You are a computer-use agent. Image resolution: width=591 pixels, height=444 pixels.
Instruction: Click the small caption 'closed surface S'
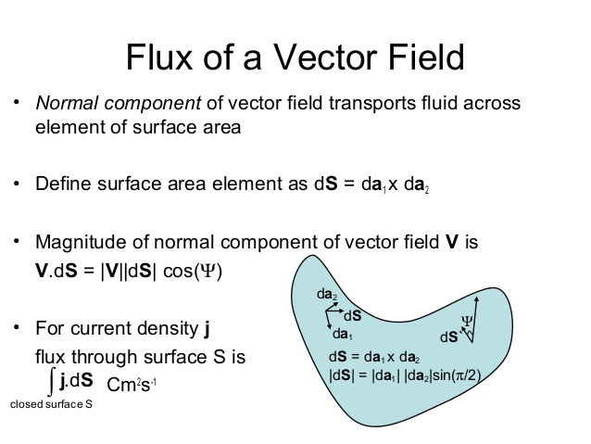pos(51,405)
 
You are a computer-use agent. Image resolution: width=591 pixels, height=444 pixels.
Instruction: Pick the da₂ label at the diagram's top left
pos(327,294)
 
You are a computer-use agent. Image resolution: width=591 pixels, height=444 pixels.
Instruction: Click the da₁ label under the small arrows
pos(342,334)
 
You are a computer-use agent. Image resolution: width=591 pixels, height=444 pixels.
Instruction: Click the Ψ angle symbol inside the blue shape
pos(467,321)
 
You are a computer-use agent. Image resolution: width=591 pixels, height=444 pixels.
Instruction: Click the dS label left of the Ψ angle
pos(449,337)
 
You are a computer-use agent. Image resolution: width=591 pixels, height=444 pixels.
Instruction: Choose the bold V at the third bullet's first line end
pos(452,244)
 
